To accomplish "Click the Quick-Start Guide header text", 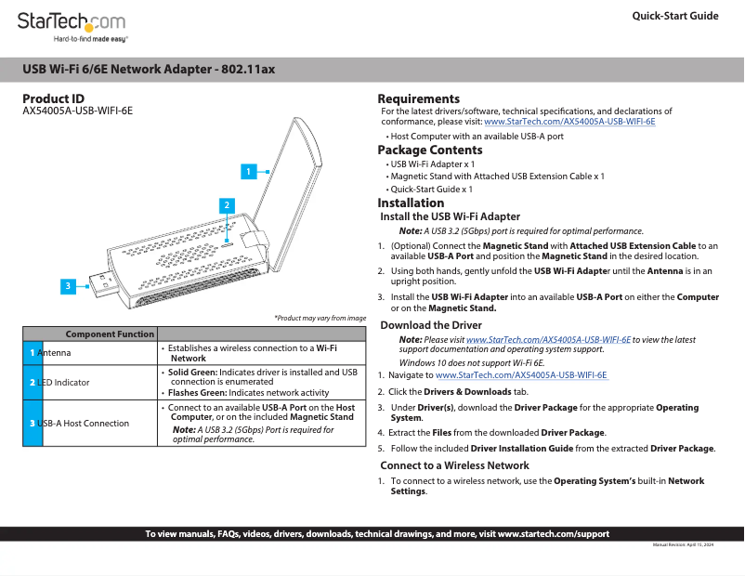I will tap(674, 16).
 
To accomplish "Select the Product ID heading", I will tap(53, 98).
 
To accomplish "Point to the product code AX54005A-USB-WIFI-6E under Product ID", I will tap(77, 111).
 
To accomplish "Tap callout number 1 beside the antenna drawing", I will tap(248, 171).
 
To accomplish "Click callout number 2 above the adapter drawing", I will tap(226, 204).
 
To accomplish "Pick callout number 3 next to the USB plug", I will tap(68, 285).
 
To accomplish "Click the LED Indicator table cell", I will tap(64, 382).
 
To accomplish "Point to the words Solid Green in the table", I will tap(191, 372).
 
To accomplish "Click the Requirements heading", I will tap(418, 98).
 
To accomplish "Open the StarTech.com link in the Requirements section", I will tap(569, 122).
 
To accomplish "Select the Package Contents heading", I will tap(429, 150).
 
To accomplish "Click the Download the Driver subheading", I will tap(431, 325).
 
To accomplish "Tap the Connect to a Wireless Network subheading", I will tap(454, 465).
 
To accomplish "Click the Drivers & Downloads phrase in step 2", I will tap(461, 392).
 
